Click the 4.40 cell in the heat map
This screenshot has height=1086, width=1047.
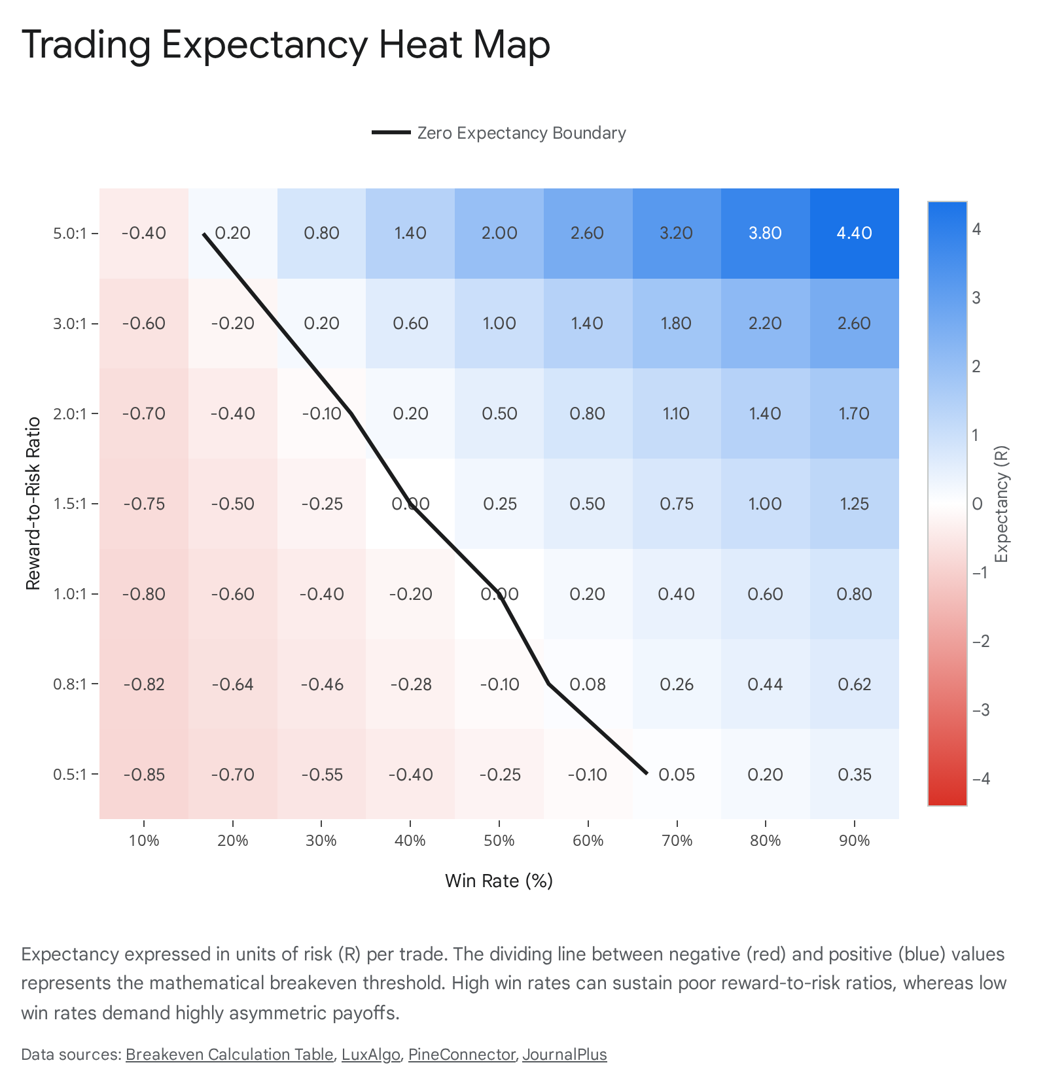[x=855, y=234]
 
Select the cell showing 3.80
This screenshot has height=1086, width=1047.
[x=766, y=234]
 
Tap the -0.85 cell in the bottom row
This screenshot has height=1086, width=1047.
[x=144, y=774]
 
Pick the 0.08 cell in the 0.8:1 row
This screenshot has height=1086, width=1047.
[x=588, y=684]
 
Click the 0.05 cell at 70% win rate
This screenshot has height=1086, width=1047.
[x=677, y=774]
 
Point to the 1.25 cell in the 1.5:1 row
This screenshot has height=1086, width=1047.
[x=855, y=504]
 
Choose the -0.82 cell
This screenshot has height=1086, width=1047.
[x=144, y=684]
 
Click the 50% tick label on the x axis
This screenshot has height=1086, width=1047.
[x=499, y=841]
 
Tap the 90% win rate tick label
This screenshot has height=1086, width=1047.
[x=855, y=841]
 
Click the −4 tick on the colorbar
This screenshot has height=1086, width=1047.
[x=981, y=779]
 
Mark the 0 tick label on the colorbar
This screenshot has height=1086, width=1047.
[x=978, y=504]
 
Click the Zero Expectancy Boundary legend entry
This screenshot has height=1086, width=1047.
[x=499, y=133]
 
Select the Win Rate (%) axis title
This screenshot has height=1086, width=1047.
[x=499, y=881]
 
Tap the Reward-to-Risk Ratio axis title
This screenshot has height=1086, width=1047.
[x=33, y=504]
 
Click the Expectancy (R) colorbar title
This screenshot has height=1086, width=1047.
[x=1001, y=504]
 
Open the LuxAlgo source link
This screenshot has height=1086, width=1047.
[x=371, y=1055]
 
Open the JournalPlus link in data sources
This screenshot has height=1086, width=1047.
[x=565, y=1055]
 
